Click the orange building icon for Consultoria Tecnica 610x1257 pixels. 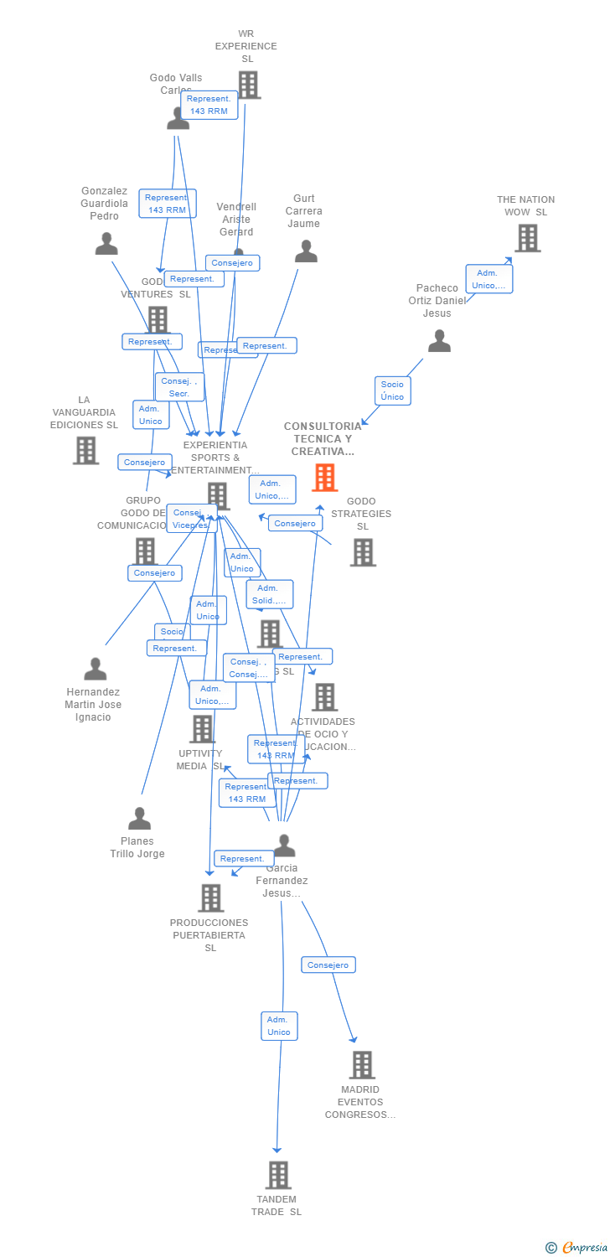[325, 477]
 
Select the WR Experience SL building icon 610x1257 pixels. [248, 85]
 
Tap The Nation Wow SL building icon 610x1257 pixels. [527, 238]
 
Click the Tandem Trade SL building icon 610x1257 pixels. [278, 1175]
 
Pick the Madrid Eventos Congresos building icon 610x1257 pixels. [362, 1065]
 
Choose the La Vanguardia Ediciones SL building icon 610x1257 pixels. [85, 450]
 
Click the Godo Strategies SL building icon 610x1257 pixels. [363, 552]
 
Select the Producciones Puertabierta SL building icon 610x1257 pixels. [211, 897]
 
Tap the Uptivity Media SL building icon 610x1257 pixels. [202, 729]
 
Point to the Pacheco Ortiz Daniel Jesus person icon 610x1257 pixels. [439, 341]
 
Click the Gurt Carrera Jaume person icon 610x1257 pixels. [306, 251]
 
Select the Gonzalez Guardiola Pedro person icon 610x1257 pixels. [106, 244]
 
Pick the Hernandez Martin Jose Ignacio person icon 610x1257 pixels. [96, 670]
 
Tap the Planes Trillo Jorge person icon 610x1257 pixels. [139, 819]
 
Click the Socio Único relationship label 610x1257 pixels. [392, 391]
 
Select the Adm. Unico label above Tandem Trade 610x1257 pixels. [278, 1026]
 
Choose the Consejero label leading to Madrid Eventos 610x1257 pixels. [328, 965]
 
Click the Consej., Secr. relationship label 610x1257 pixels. [179, 387]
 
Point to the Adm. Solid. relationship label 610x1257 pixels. [270, 594]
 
